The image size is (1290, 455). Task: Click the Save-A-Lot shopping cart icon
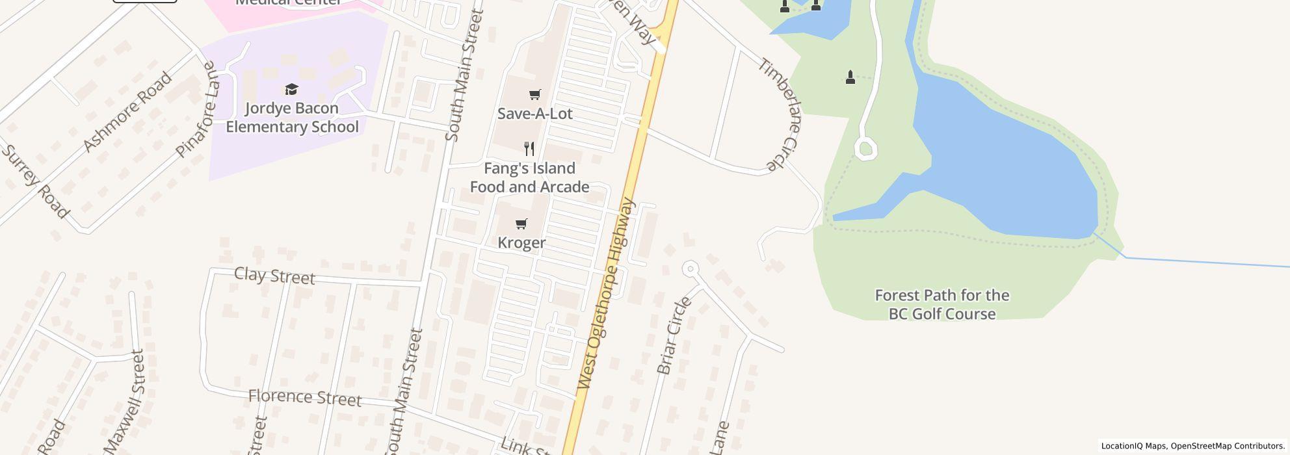coord(534,95)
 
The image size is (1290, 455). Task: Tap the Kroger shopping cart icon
coord(521,224)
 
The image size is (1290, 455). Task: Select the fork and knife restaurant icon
coord(529,149)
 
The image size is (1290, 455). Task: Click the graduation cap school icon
coord(291,90)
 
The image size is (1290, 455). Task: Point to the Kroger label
coord(521,242)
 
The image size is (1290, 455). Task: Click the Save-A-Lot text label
coord(534,114)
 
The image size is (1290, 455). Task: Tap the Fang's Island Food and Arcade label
coord(529,177)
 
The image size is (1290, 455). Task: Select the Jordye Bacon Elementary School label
coord(292,118)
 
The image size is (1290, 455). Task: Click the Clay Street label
coord(274,276)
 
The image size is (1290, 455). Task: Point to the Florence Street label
coord(304,397)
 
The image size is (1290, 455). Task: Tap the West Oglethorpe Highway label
coord(606,294)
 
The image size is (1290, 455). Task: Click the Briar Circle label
coord(674,336)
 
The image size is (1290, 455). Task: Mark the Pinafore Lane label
coord(196,109)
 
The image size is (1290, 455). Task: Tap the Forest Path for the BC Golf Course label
coord(941,304)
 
